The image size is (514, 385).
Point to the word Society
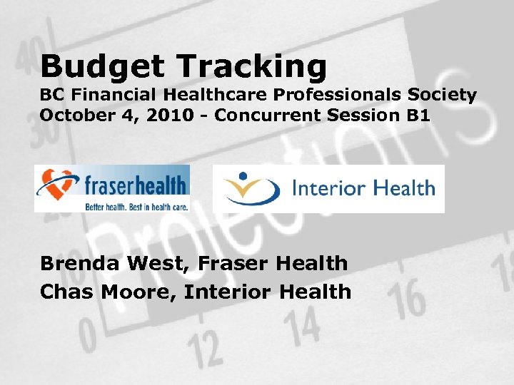(x=444, y=96)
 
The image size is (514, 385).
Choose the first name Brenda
(x=79, y=264)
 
